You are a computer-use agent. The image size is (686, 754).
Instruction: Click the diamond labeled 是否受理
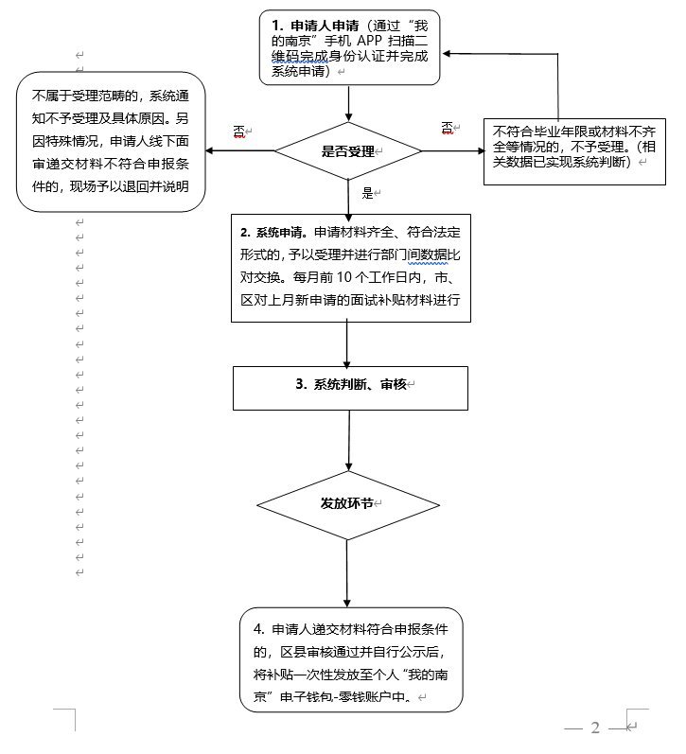(x=347, y=150)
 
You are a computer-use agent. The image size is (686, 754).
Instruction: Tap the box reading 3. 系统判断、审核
(x=351, y=385)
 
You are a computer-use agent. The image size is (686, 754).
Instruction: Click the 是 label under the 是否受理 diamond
(x=368, y=192)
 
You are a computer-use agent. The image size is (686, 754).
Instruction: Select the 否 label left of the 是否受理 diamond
(x=240, y=131)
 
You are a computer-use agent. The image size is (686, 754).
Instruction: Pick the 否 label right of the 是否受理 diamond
(x=448, y=128)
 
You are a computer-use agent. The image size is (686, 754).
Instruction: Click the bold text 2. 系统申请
(x=273, y=232)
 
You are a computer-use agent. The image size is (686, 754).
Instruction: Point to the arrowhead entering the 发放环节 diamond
(x=351, y=466)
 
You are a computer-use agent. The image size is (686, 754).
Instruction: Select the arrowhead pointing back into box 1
(x=450, y=55)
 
